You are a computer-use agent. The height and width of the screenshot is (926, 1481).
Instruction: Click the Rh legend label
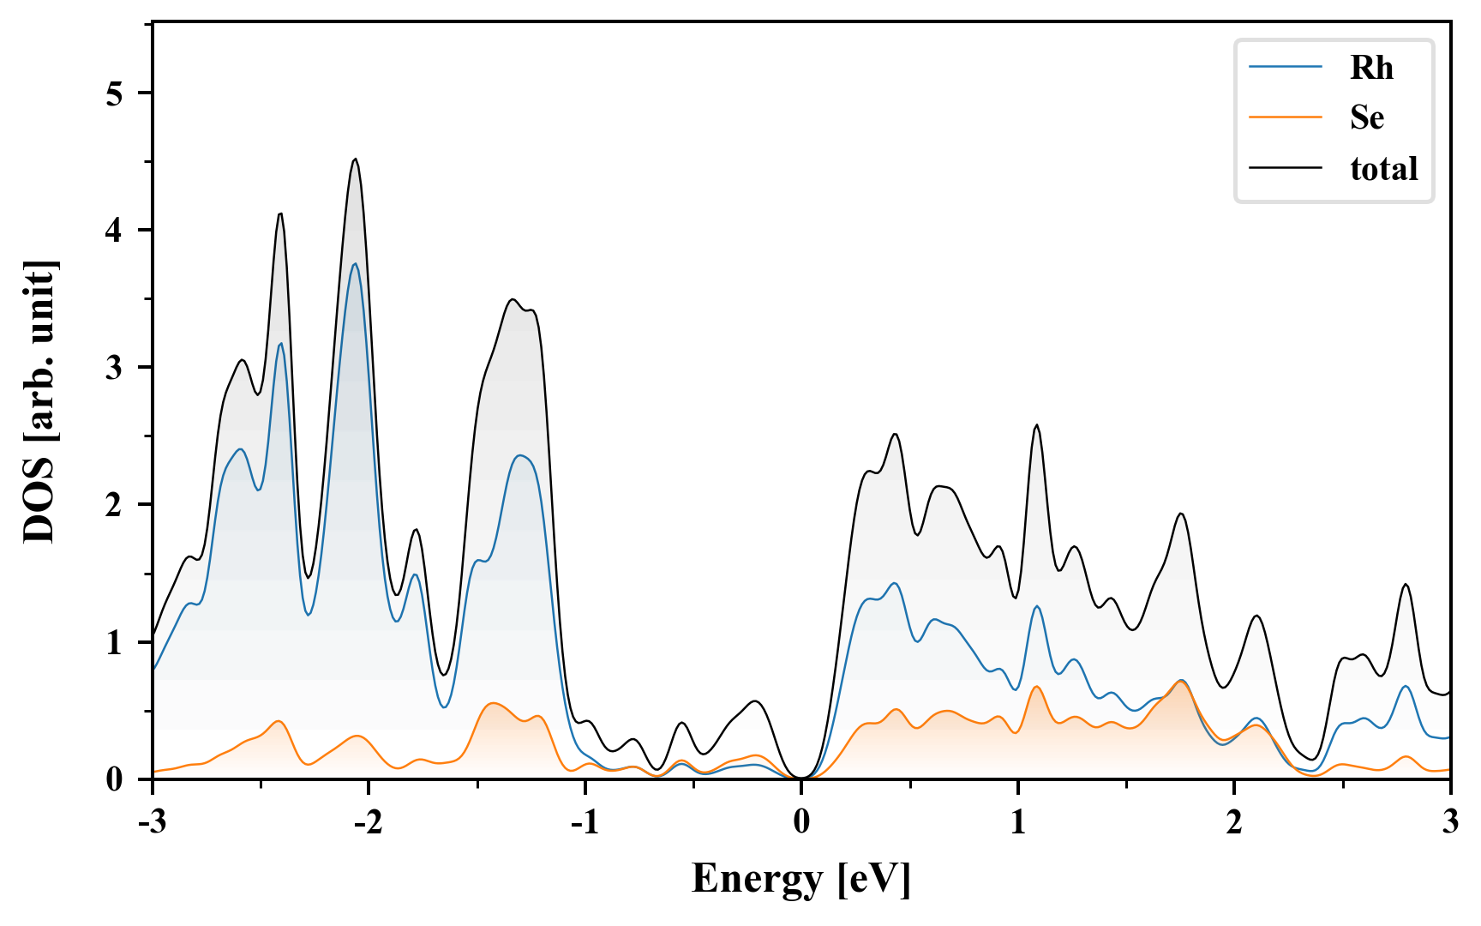point(1371,68)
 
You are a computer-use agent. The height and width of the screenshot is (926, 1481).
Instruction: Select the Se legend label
point(1367,117)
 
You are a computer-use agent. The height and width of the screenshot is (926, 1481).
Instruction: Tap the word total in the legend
point(1384,168)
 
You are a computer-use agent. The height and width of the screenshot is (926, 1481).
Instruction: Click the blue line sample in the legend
point(1286,67)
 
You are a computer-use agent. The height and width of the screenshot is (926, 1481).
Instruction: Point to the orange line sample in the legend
point(1286,117)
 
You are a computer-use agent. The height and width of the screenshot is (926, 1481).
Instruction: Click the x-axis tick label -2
point(368,822)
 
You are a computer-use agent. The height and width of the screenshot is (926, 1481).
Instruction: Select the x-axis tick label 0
point(801,822)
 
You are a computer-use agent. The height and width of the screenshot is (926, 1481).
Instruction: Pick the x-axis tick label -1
point(584,822)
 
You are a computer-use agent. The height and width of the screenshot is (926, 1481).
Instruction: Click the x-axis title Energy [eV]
point(801,879)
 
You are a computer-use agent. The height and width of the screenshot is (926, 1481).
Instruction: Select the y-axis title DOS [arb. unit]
point(39,401)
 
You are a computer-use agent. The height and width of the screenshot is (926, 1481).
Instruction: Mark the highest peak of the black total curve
point(355,159)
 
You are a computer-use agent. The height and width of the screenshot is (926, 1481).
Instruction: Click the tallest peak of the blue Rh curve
point(355,264)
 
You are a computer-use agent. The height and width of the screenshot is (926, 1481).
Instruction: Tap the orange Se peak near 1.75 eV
point(1181,682)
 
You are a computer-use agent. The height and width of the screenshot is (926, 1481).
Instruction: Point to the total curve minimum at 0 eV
point(801,777)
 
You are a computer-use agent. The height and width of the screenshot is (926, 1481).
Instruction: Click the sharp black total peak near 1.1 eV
point(1037,425)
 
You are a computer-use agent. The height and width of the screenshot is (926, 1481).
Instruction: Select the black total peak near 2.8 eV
point(1406,585)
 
